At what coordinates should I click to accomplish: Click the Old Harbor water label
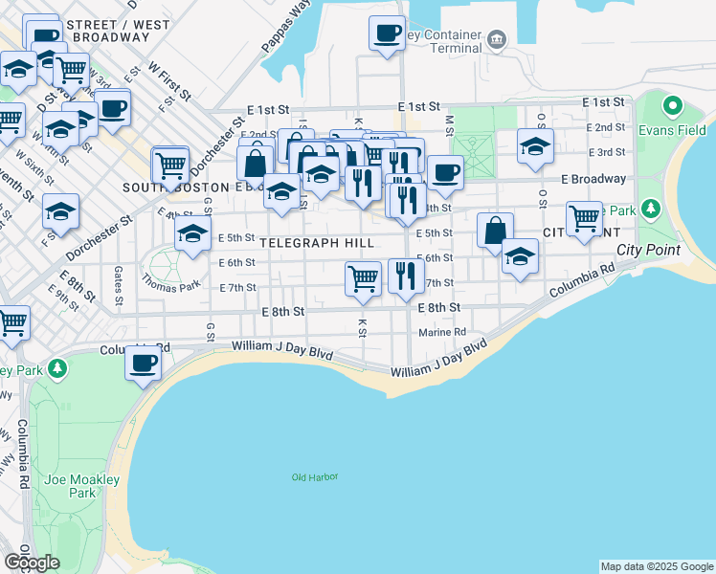click(x=315, y=476)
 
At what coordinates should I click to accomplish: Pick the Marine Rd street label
click(x=441, y=333)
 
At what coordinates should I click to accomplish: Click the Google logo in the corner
click(x=32, y=562)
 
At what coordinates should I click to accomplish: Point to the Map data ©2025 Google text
click(x=657, y=566)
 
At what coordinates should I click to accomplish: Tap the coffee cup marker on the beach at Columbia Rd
click(x=144, y=364)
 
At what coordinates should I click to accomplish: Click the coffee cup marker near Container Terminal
click(x=387, y=33)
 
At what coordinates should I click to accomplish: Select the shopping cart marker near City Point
click(x=584, y=219)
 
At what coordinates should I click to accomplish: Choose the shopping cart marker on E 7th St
click(x=363, y=278)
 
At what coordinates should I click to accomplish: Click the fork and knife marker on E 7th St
click(x=406, y=276)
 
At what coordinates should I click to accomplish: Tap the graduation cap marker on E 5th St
click(x=192, y=233)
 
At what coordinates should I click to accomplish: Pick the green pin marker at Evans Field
click(x=673, y=105)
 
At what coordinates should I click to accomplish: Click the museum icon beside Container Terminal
click(x=497, y=39)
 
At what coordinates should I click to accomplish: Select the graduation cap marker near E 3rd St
click(x=535, y=146)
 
